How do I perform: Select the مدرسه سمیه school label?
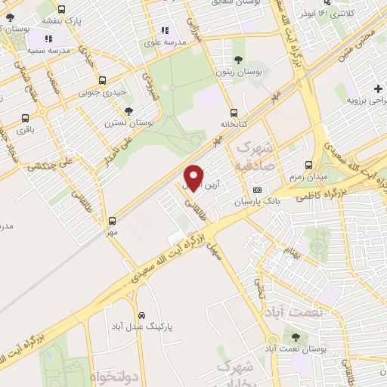click(49, 49)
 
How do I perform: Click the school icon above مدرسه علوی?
click(165, 31)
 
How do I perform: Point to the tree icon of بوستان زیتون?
click(239, 59)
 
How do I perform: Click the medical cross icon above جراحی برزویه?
click(377, 88)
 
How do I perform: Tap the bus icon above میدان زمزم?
click(308, 164)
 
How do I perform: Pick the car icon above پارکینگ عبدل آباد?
click(142, 314)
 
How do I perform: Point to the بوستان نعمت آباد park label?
click(295, 349)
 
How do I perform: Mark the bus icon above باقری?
click(26, 118)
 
